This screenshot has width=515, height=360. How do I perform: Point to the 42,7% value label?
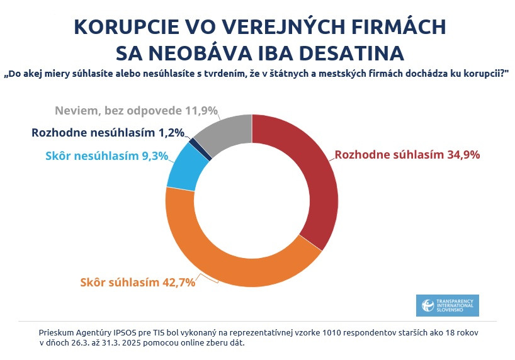click(177, 282)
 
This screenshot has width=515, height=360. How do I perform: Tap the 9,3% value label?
click(156, 156)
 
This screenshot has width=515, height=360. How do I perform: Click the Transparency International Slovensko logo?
click(448, 305)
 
